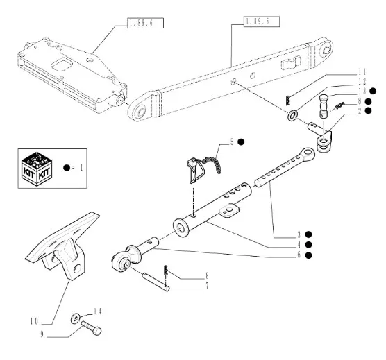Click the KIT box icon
(37, 169)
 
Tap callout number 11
(362, 72)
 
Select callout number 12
(362, 82)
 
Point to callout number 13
(362, 92)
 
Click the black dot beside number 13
(374, 91)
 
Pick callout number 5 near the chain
(232, 142)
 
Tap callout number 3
(299, 234)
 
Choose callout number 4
(299, 245)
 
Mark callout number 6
(299, 255)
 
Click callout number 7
(208, 286)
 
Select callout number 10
(34, 321)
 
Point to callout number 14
(97, 311)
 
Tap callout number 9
(42, 334)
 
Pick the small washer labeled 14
(76, 318)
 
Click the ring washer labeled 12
(293, 115)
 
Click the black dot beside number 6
(308, 255)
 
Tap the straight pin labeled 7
(156, 282)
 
